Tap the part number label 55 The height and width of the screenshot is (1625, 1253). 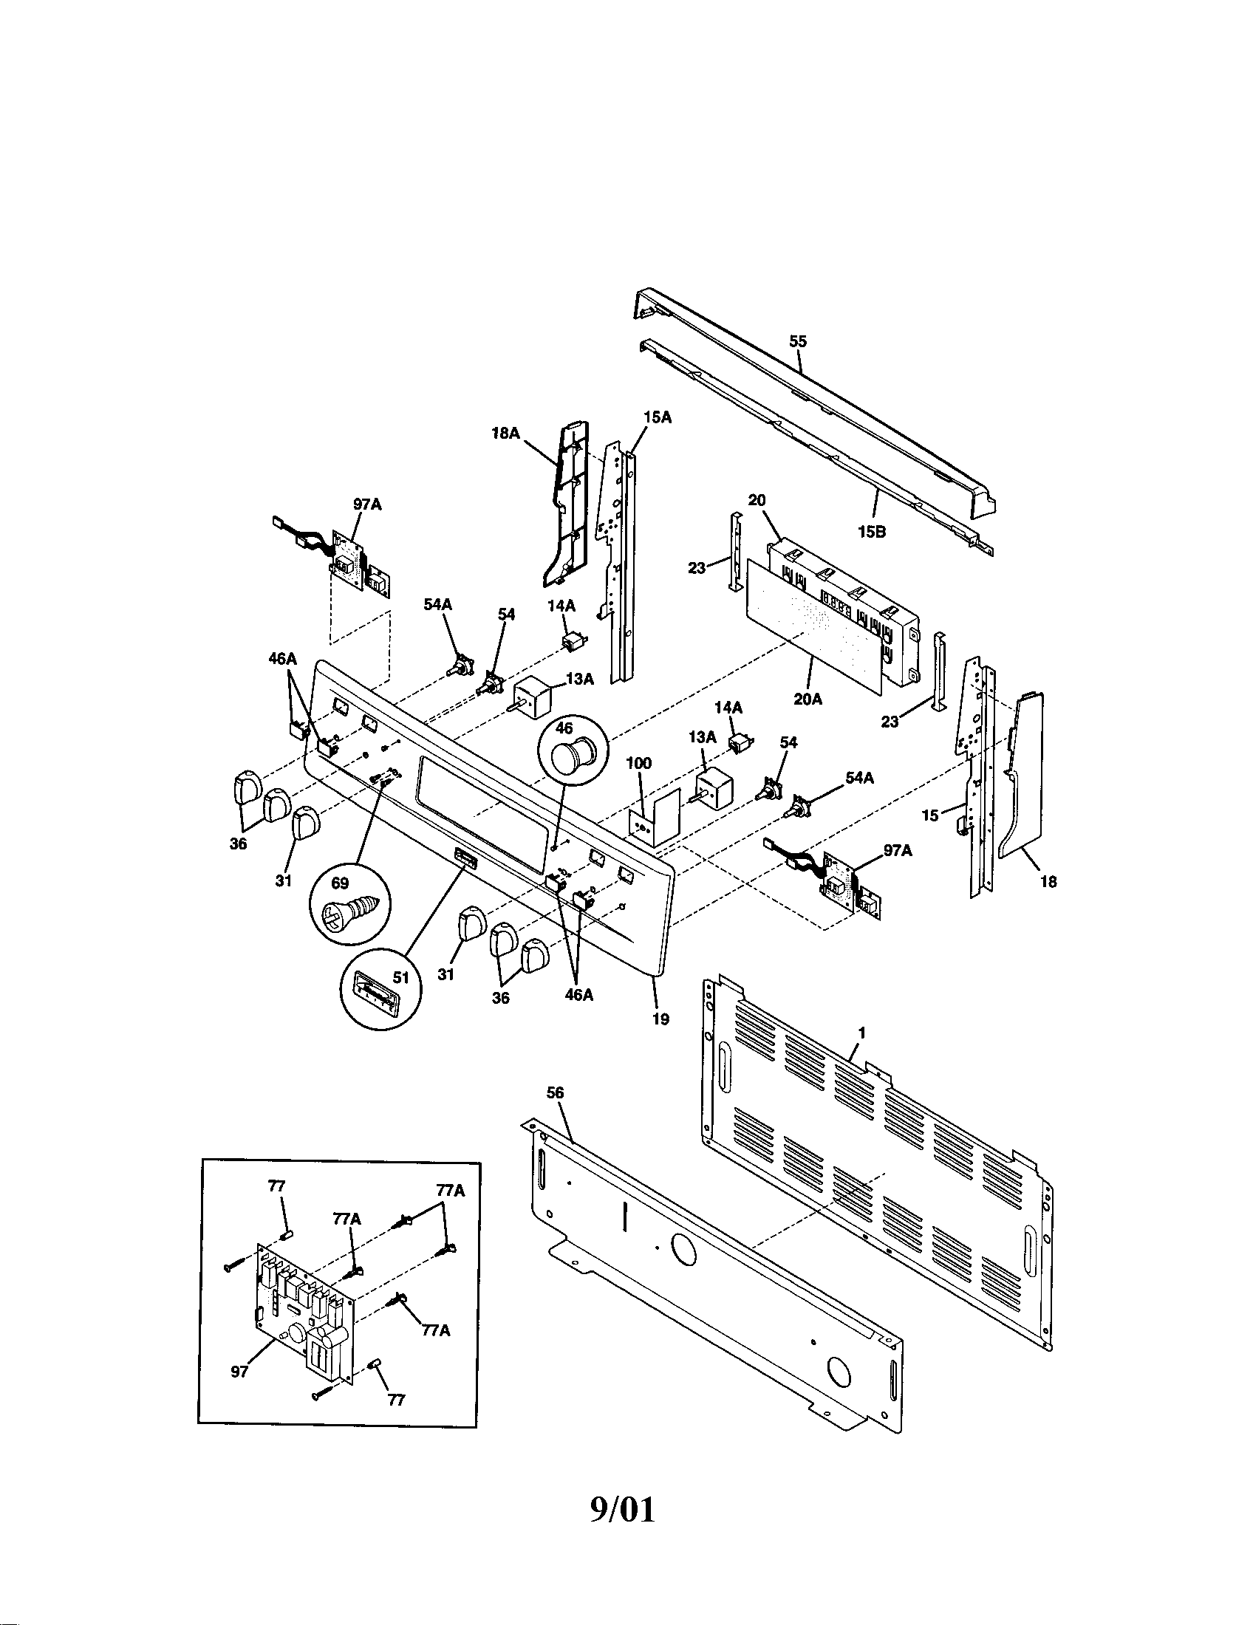click(x=798, y=341)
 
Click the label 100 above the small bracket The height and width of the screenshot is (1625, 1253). click(x=638, y=764)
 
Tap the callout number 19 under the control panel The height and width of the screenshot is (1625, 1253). click(x=660, y=1019)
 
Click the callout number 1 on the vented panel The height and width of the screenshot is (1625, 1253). click(x=861, y=1033)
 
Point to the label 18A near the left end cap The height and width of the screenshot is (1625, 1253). click(x=505, y=433)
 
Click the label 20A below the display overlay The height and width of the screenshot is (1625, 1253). click(x=807, y=699)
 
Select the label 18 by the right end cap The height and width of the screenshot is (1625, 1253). click(x=1048, y=882)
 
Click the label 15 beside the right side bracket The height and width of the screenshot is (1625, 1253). click(x=930, y=815)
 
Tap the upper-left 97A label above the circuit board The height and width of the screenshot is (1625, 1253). click(x=367, y=504)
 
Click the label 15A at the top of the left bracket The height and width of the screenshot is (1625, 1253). click(x=657, y=417)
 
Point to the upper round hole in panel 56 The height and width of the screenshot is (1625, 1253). click(x=684, y=1249)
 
